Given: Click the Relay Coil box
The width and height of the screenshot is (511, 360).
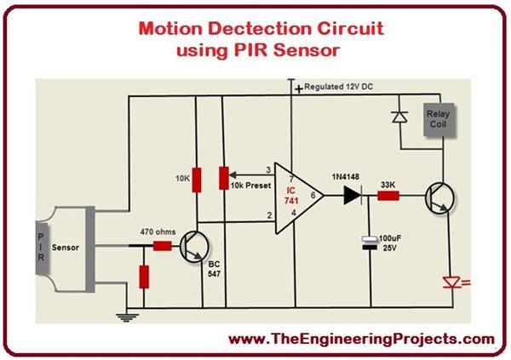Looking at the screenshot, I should pos(439,121).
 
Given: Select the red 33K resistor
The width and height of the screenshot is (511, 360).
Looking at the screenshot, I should pos(388,195).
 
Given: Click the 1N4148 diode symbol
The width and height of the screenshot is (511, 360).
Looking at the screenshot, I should pos(348,195).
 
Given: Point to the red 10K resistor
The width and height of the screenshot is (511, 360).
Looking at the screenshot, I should pos(197,180).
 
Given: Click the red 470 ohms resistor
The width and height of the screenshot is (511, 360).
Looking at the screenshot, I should pos(163,246).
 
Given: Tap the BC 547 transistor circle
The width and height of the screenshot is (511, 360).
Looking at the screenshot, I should pos(202,248).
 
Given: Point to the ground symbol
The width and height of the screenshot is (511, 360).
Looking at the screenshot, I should pos(127,317).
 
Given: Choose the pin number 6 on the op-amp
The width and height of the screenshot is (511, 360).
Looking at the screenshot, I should pos(312,195).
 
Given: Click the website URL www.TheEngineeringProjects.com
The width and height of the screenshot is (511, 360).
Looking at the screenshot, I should pos(362,338).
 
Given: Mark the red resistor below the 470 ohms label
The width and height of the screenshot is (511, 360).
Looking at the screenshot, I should pos(144,277).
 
